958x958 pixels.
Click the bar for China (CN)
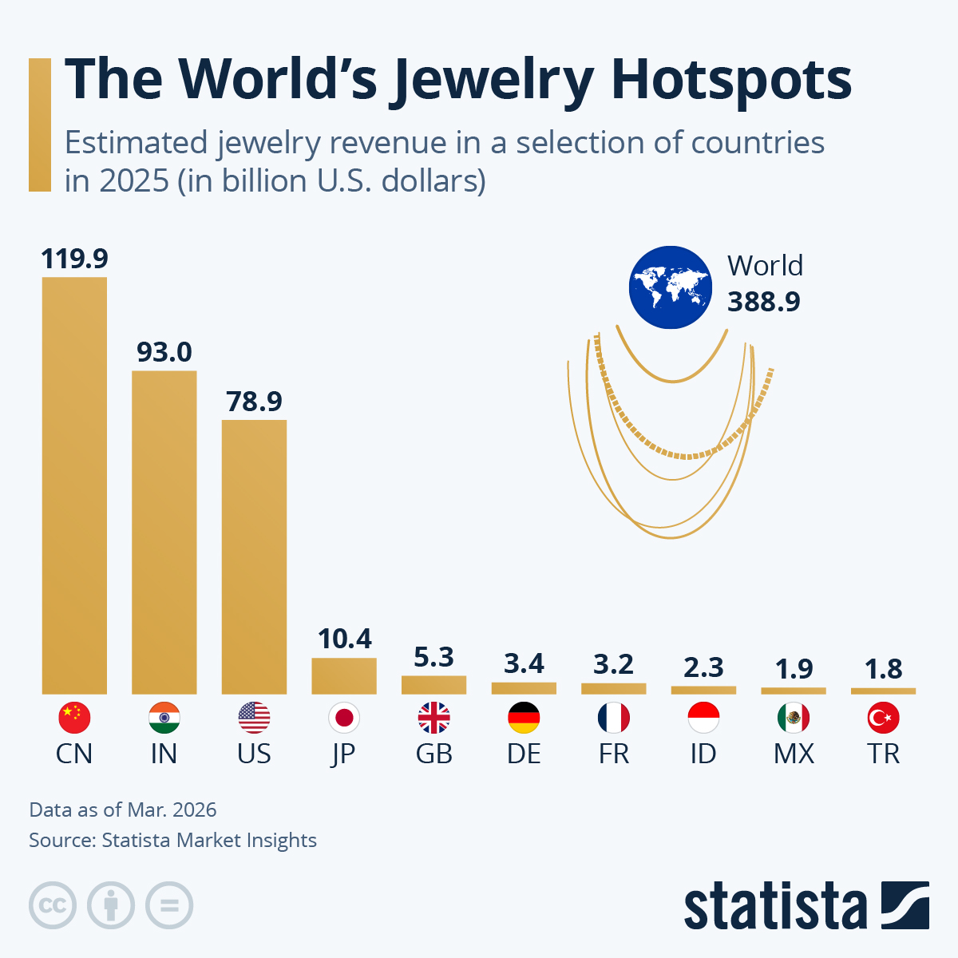pyautogui.click(x=74, y=485)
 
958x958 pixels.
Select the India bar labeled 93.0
pyautogui.click(x=164, y=532)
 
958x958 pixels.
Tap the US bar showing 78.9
pyautogui.click(x=254, y=556)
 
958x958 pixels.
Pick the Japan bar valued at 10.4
pyautogui.click(x=344, y=675)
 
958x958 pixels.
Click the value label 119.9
pyautogui.click(x=74, y=259)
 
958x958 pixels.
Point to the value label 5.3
pyautogui.click(x=433, y=657)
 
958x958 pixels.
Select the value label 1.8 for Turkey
pyautogui.click(x=884, y=669)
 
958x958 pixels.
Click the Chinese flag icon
pyautogui.click(x=74, y=718)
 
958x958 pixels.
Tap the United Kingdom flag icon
pyautogui.click(x=433, y=718)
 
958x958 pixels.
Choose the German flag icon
pyautogui.click(x=524, y=718)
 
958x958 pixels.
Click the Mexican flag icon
pyautogui.click(x=794, y=718)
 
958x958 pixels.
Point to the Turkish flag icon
pyautogui.click(x=884, y=718)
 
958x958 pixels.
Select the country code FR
pyautogui.click(x=614, y=754)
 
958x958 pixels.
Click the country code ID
pyautogui.click(x=703, y=754)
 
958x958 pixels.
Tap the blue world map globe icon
pyautogui.click(x=670, y=287)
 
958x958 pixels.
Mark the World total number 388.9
pyautogui.click(x=763, y=302)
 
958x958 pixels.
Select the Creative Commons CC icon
pyautogui.click(x=53, y=905)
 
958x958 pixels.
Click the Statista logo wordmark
pyautogui.click(x=775, y=906)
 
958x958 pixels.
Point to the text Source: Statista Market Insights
pyautogui.click(x=172, y=840)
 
